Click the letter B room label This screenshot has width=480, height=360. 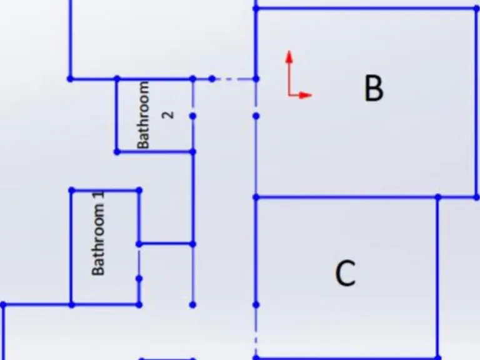click(374, 88)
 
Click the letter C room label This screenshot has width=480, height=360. click(346, 273)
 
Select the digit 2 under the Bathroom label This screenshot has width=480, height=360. click(168, 115)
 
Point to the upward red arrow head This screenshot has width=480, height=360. click(289, 57)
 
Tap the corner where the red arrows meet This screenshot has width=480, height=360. click(289, 95)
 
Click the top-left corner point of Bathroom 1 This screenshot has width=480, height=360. click(72, 191)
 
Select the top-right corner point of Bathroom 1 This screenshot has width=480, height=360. click(139, 191)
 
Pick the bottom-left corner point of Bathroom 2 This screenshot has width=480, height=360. click(117, 152)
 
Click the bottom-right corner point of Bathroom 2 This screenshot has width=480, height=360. click(193, 152)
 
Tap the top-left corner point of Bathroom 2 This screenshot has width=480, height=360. click(117, 79)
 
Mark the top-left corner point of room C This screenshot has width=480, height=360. click(256, 197)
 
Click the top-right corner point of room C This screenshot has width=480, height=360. click(438, 197)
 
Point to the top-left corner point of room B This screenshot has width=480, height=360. click(256, 9)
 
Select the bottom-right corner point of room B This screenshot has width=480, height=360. click(477, 197)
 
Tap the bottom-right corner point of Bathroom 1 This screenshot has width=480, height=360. click(139, 304)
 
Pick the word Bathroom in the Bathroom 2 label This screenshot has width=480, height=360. click(143, 115)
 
